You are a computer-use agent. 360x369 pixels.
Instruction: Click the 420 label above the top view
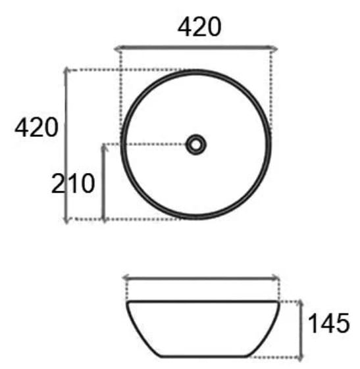click(x=199, y=27)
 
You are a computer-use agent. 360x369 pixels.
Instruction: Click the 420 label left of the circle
click(x=36, y=128)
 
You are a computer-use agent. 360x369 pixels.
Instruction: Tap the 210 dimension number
click(x=73, y=184)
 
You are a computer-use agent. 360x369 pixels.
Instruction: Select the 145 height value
click(x=329, y=323)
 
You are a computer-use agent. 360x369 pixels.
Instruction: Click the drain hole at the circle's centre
click(x=196, y=145)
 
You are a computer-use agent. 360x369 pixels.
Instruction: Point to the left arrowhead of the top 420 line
click(x=117, y=49)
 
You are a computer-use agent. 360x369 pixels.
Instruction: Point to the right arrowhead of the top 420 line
click(x=274, y=49)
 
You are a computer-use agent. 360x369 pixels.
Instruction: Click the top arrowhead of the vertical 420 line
click(x=66, y=70)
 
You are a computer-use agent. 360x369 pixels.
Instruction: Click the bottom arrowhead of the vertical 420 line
click(x=66, y=220)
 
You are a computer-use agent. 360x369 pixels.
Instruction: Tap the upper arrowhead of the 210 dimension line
click(x=104, y=147)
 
